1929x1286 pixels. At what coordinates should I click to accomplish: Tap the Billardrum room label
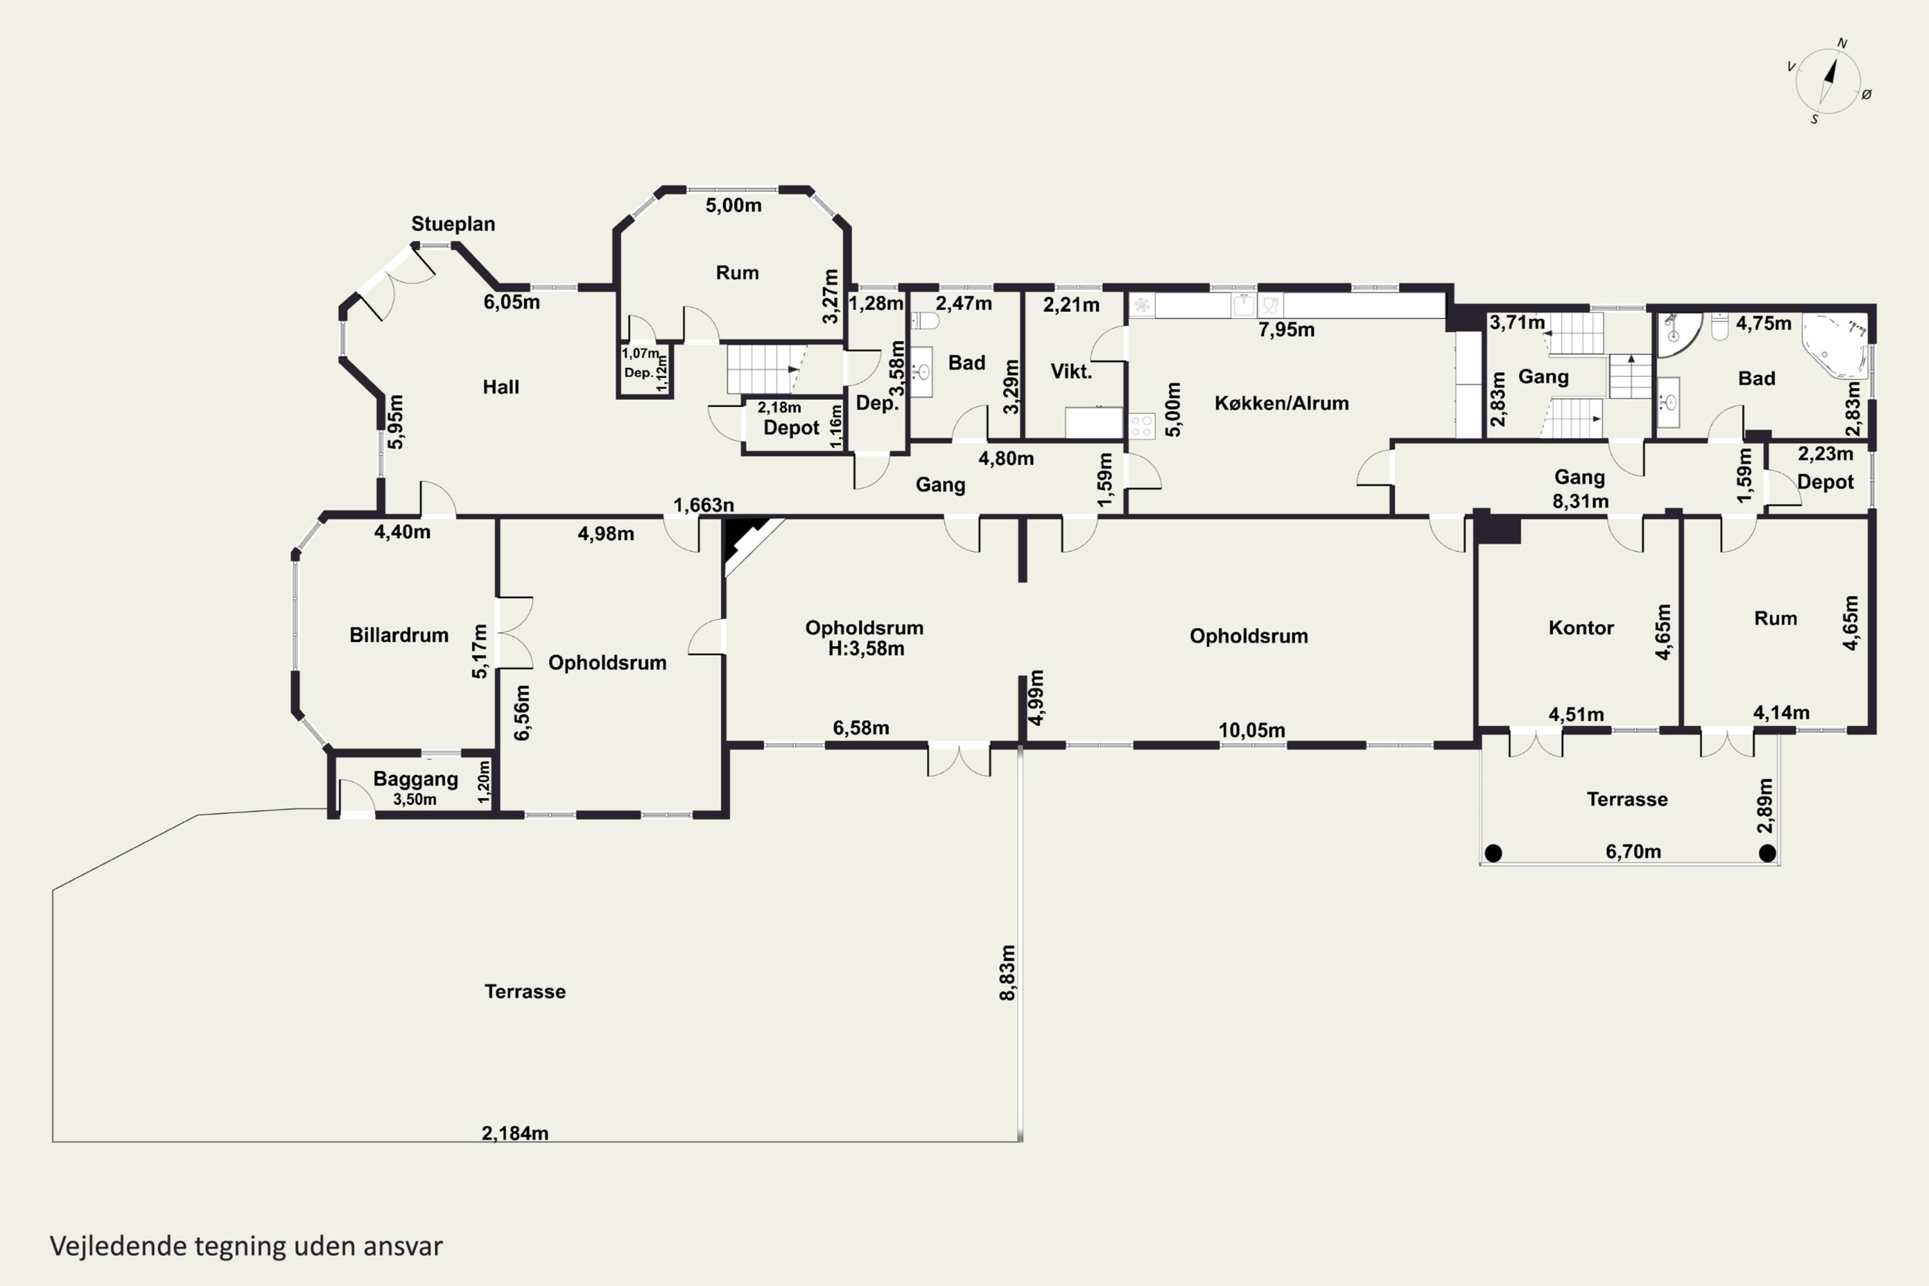pos(399,635)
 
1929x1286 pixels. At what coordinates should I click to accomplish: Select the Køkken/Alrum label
pos(1281,403)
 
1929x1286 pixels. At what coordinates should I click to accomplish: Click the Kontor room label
pos(1580,628)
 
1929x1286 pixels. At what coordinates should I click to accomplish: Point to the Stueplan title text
pos(453,224)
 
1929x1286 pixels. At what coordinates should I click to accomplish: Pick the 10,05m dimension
pos(1251,730)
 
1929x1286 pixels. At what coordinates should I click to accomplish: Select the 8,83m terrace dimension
pos(1007,973)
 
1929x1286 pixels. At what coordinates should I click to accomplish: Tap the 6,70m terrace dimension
pos(1633,851)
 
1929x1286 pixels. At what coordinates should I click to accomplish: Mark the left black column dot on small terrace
pos(1494,854)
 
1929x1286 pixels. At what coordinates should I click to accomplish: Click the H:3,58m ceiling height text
pos(866,649)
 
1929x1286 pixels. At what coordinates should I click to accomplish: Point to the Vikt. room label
pos(1071,372)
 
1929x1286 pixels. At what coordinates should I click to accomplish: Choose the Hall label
pos(500,387)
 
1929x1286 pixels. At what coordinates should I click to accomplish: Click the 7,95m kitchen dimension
pos(1286,330)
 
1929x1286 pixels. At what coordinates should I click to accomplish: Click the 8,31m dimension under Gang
pos(1580,501)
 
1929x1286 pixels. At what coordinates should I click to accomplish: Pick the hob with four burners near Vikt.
pos(1142,426)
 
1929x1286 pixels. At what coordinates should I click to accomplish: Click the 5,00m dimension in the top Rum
pos(733,205)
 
